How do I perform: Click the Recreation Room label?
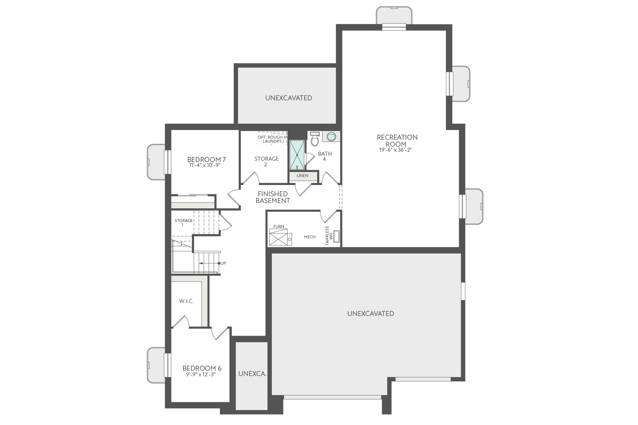397,141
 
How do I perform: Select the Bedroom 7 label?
204,159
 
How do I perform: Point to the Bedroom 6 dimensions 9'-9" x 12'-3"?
201,374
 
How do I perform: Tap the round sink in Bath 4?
331,136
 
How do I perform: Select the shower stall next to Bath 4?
297,155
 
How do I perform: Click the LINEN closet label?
302,176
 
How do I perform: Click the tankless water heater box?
336,236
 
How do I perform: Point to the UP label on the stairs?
223,263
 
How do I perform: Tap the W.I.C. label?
186,301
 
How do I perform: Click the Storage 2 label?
266,161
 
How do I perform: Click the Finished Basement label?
272,197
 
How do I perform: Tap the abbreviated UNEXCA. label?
252,374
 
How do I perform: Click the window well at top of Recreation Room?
394,15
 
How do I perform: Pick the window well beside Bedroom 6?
156,365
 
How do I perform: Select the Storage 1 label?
183,222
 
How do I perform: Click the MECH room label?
310,237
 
